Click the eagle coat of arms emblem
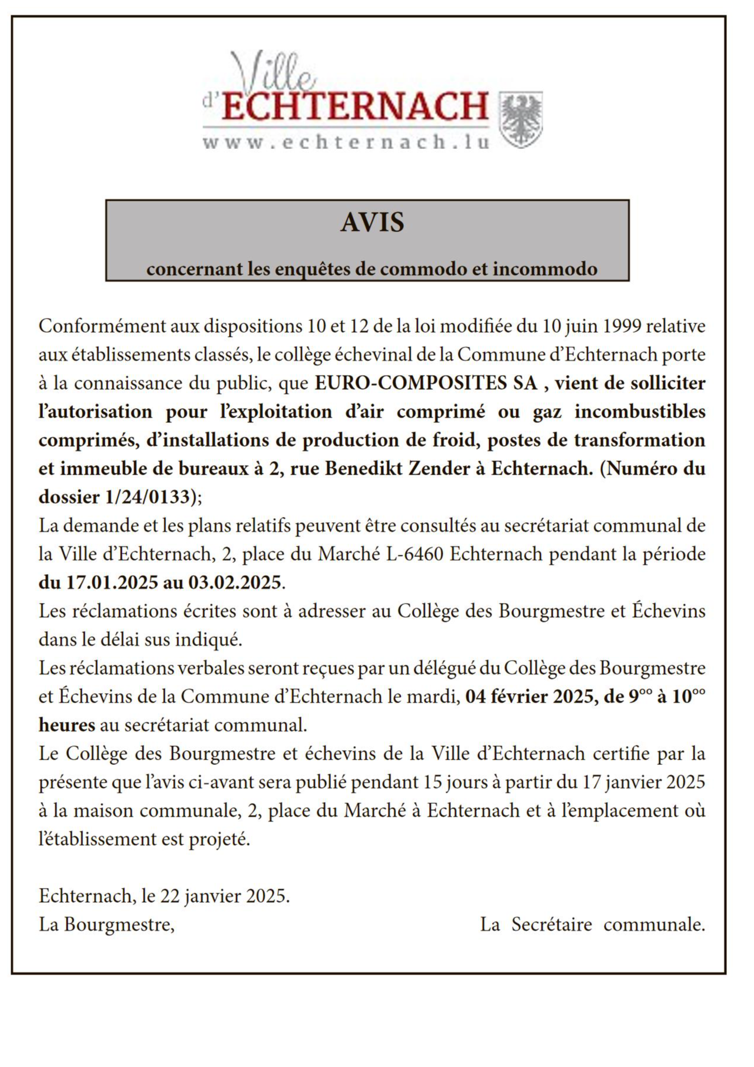click(520, 120)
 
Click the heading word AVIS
click(372, 223)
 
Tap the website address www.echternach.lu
click(346, 143)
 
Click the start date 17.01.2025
click(110, 583)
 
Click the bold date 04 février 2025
click(527, 697)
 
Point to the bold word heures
click(67, 725)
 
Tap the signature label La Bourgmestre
click(107, 924)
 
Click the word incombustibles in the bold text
click(640, 412)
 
